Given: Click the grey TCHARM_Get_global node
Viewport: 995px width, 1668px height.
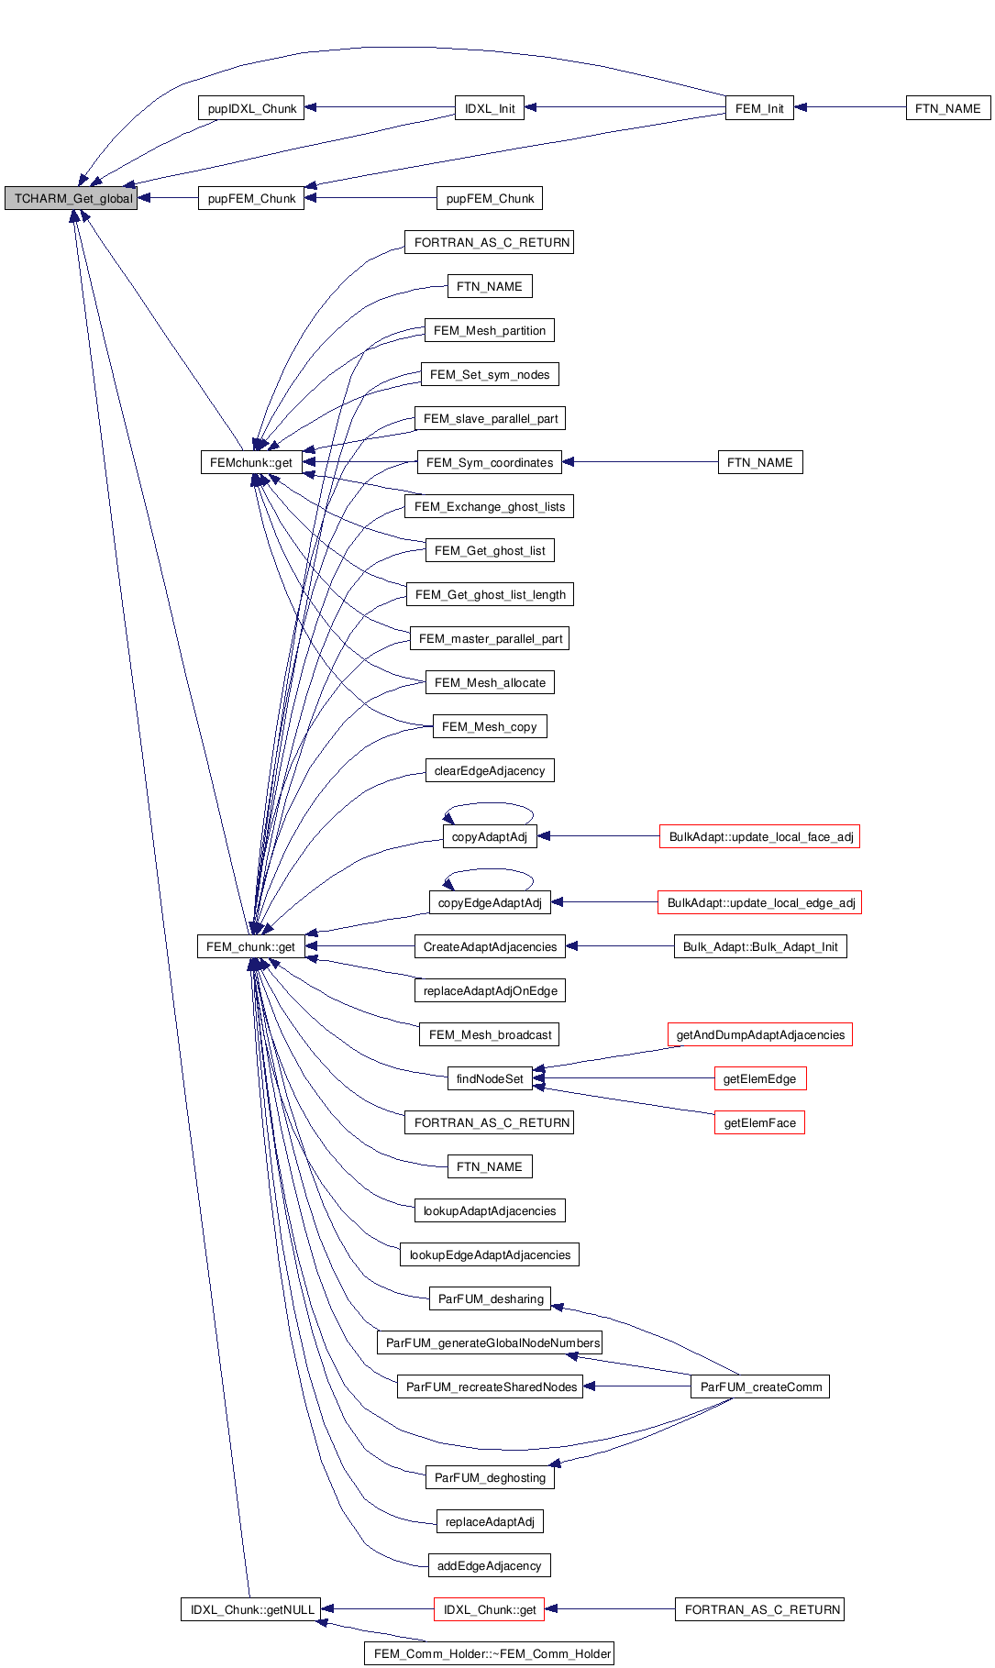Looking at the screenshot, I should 71,198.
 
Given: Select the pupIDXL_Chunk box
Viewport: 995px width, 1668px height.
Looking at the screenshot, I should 251,108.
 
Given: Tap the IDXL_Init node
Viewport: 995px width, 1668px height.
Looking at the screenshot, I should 490,108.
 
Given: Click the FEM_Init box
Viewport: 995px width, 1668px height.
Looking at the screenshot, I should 759,108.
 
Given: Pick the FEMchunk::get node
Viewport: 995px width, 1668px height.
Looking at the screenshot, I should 251,462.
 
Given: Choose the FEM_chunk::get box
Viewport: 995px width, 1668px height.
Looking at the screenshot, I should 250,946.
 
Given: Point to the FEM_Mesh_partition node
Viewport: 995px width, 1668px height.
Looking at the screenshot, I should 490,330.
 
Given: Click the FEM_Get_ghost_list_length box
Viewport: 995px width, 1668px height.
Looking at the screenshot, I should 490,594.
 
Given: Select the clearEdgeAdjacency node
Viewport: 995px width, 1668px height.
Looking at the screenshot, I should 490,770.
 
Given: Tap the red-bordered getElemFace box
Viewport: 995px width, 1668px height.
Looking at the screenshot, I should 759,1122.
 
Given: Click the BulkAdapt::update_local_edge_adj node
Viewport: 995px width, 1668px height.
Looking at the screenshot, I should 760,902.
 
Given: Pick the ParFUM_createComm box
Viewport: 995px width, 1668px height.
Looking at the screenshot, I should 760,1386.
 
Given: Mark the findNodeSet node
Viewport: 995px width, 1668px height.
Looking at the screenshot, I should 490,1078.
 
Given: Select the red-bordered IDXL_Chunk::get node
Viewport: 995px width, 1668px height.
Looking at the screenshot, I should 490,1609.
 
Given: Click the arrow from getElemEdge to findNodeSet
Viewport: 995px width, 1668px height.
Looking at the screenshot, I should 624,1078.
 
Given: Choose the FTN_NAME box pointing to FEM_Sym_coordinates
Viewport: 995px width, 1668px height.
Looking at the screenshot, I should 759,462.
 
